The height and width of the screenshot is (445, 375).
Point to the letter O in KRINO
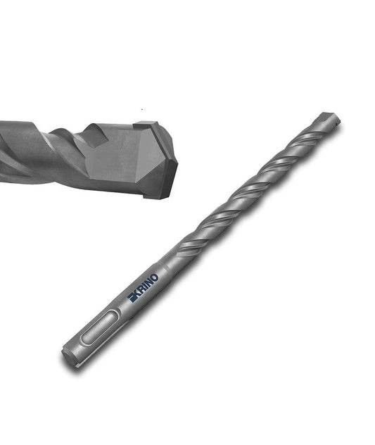pyautogui.click(x=155, y=277)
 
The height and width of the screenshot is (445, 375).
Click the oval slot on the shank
pyautogui.click(x=99, y=327)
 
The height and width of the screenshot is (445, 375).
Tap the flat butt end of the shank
pyautogui.click(x=68, y=358)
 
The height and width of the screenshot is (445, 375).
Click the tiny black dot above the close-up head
pyautogui.click(x=142, y=110)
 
